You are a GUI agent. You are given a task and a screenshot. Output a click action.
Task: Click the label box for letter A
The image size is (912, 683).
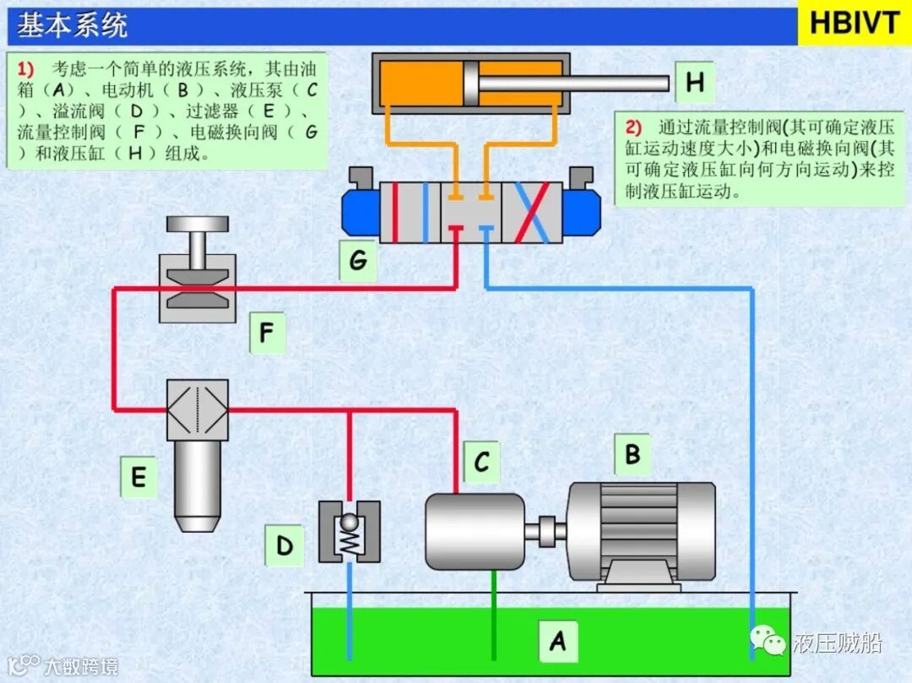coord(557,642)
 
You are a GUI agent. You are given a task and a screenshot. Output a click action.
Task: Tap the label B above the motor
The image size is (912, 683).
coord(632,456)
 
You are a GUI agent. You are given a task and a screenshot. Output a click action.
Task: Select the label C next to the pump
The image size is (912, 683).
coord(481,462)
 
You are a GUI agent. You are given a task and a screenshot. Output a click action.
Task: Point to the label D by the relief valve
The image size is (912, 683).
coord(284,545)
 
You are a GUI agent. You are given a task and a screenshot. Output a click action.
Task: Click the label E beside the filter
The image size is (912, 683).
coord(138,478)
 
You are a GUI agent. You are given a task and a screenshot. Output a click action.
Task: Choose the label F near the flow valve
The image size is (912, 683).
coord(267,334)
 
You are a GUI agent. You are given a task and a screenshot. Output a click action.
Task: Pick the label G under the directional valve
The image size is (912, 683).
coord(358,260)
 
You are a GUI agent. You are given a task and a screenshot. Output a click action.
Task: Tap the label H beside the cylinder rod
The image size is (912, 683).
coord(694,83)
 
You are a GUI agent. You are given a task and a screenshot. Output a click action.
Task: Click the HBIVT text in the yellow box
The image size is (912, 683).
coord(854,24)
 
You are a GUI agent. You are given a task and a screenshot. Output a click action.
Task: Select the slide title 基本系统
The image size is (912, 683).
coord(73,25)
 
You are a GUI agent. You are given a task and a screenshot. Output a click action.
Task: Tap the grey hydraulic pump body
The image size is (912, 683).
coord(475,531)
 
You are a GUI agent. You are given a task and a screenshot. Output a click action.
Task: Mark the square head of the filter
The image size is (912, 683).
coord(198,409)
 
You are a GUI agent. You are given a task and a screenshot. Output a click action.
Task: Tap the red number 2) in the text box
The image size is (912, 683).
coord(634,127)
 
